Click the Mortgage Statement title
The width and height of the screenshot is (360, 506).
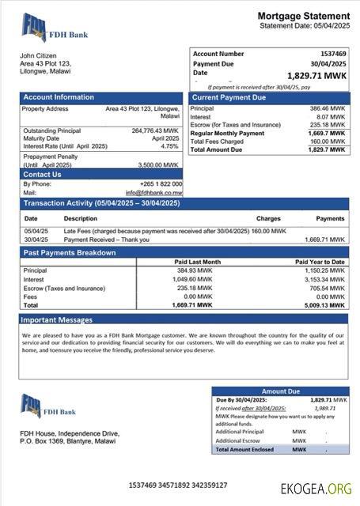[x=303, y=16]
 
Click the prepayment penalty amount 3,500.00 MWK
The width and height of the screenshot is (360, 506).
[x=161, y=164]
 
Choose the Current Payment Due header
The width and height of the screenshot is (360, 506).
[x=229, y=97]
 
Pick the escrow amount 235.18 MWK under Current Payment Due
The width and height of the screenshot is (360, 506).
[x=327, y=125]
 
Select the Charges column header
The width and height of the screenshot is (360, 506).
[x=268, y=218]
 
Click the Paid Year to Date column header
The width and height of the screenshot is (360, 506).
[x=320, y=262]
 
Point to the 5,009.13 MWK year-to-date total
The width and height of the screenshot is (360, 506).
[x=326, y=304]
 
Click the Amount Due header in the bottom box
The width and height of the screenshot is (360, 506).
[x=280, y=391]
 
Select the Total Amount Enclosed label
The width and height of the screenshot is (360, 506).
[x=245, y=449]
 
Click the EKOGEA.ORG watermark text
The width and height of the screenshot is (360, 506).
[x=316, y=489]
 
